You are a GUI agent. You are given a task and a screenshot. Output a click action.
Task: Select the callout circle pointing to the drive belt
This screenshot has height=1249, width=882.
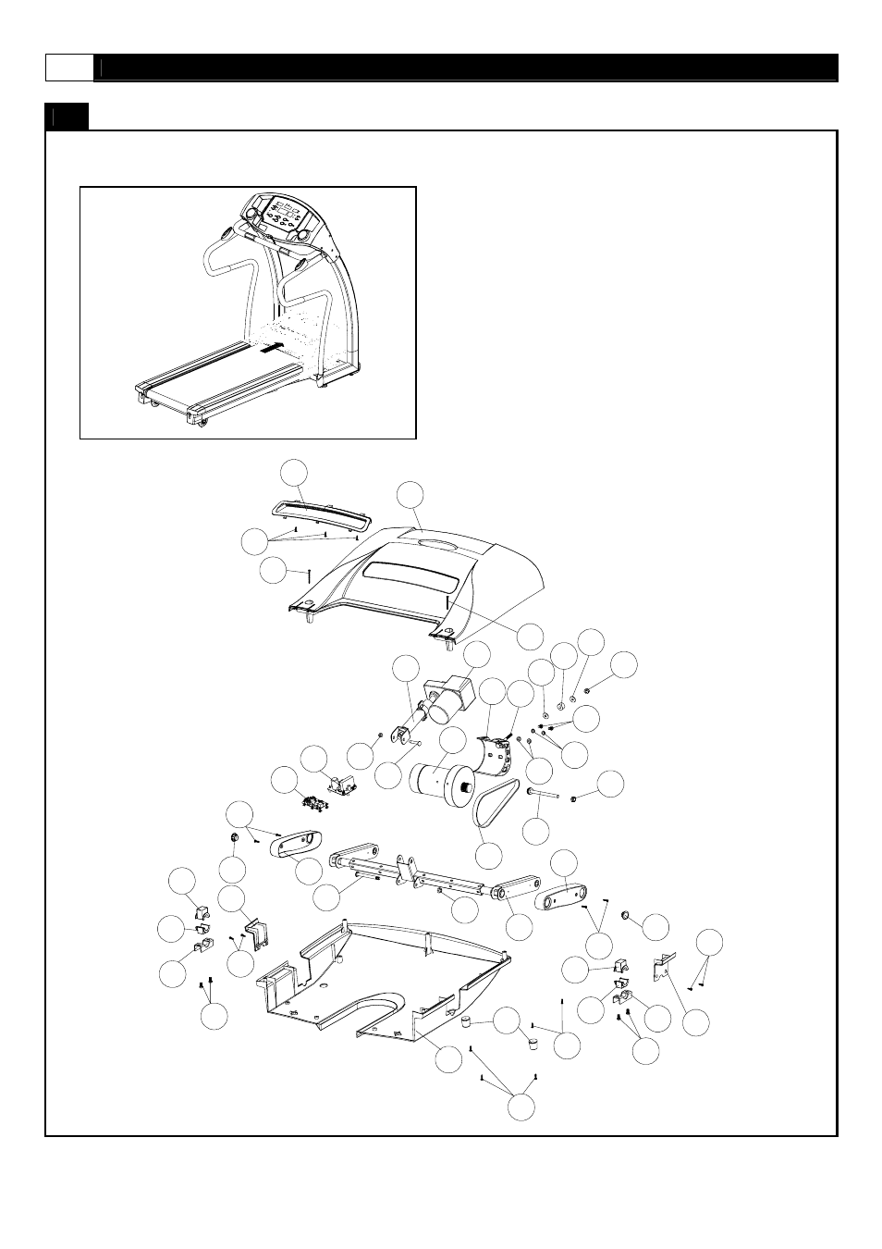pos(488,855)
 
